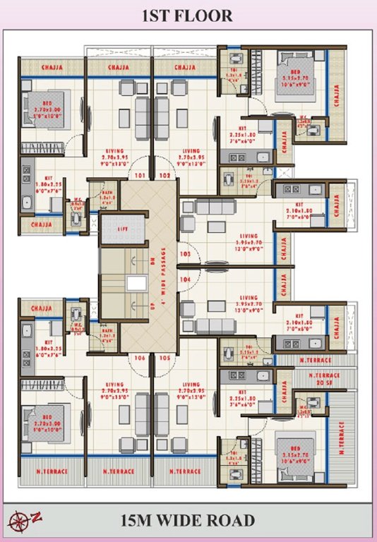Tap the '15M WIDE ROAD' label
pos(188,522)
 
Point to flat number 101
pos(140,174)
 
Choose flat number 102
pos(165,174)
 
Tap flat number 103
pos(185,253)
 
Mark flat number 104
pos(185,279)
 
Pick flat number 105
pos(165,359)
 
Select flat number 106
pos(140,359)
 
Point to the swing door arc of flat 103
pos(192,248)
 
